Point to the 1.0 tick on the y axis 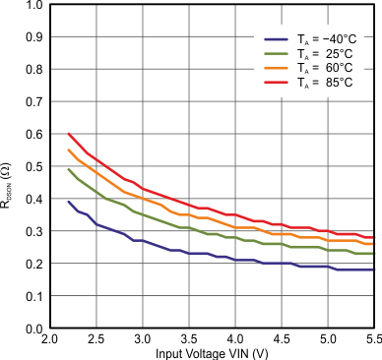point(33,5)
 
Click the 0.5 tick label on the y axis point(33,166)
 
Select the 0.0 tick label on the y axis point(33,329)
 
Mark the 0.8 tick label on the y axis point(33,70)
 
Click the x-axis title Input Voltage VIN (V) point(212,353)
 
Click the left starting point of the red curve point(68,134)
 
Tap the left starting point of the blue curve point(68,202)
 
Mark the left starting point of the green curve point(68,169)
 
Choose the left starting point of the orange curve point(68,150)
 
